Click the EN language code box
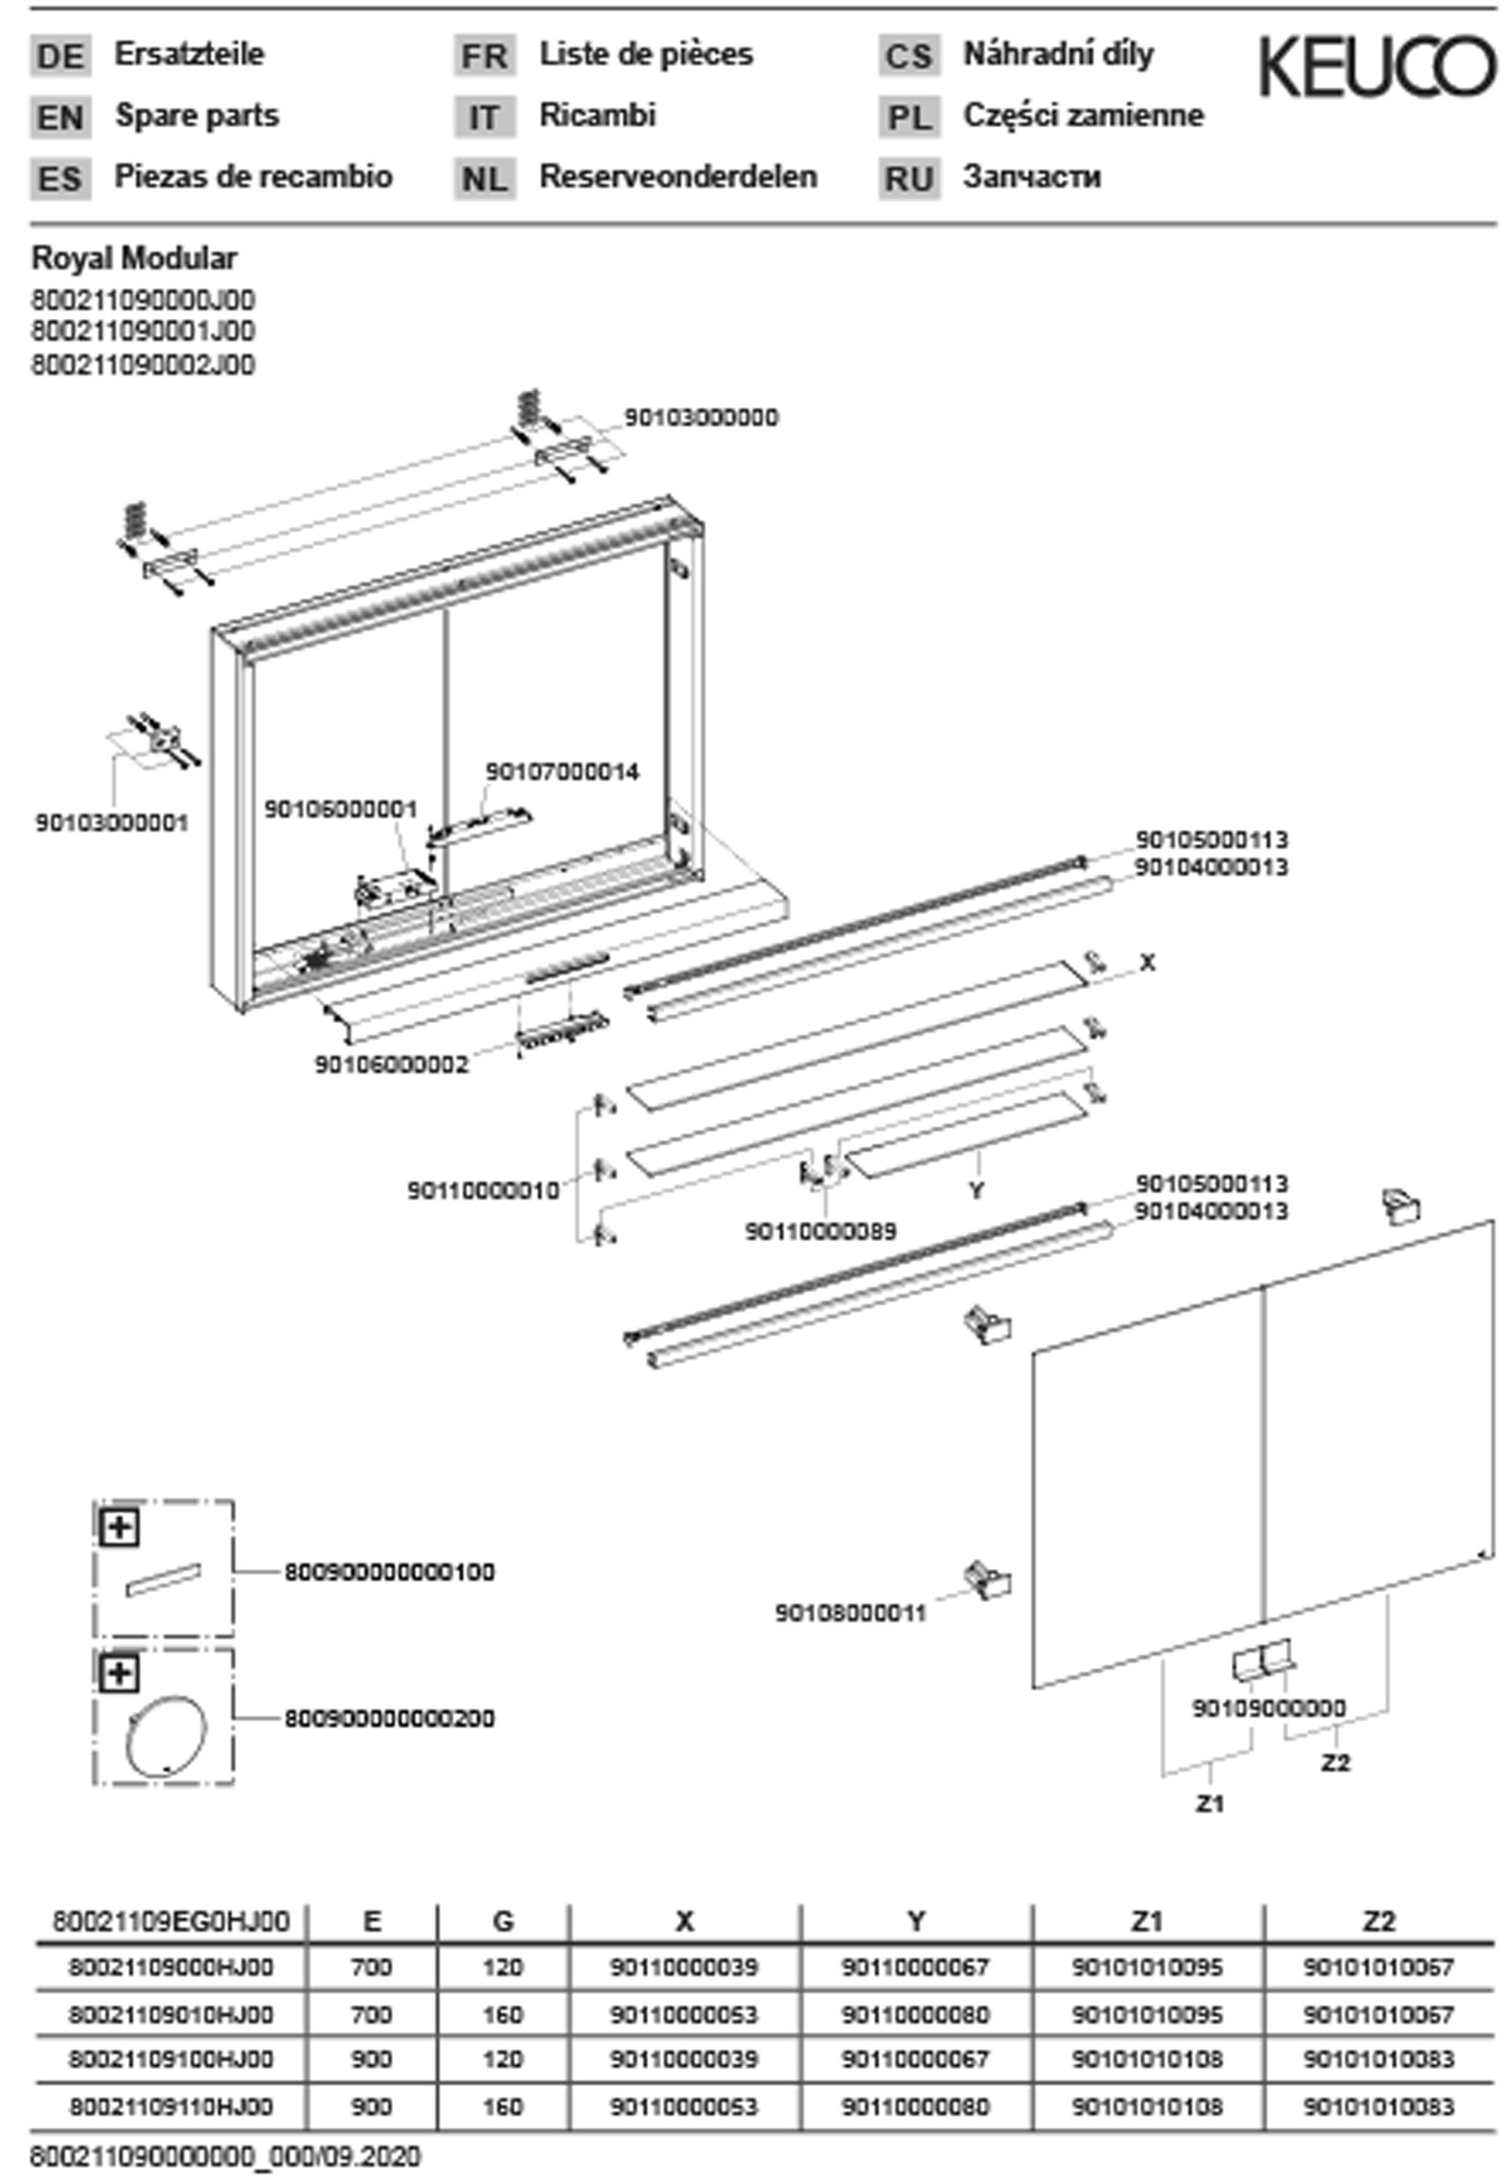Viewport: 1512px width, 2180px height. [60, 118]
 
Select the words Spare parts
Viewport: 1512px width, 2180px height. [197, 116]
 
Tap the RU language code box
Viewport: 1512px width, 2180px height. [908, 178]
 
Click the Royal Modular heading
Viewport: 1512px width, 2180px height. [134, 258]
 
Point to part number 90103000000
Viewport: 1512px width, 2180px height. [701, 418]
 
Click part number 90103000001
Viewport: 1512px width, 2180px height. [112, 823]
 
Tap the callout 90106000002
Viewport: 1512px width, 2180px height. [392, 1065]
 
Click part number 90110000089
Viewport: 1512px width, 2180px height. [820, 1232]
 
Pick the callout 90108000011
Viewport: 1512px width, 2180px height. [850, 1612]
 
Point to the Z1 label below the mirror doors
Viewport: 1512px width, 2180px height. [1209, 1803]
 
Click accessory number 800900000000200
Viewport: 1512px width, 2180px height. [389, 1718]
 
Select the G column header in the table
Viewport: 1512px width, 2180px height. [503, 1921]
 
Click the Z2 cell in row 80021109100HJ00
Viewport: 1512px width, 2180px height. [1378, 2059]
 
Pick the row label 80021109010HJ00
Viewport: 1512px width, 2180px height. [171, 2014]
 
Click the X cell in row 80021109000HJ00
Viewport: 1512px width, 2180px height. [684, 1968]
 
